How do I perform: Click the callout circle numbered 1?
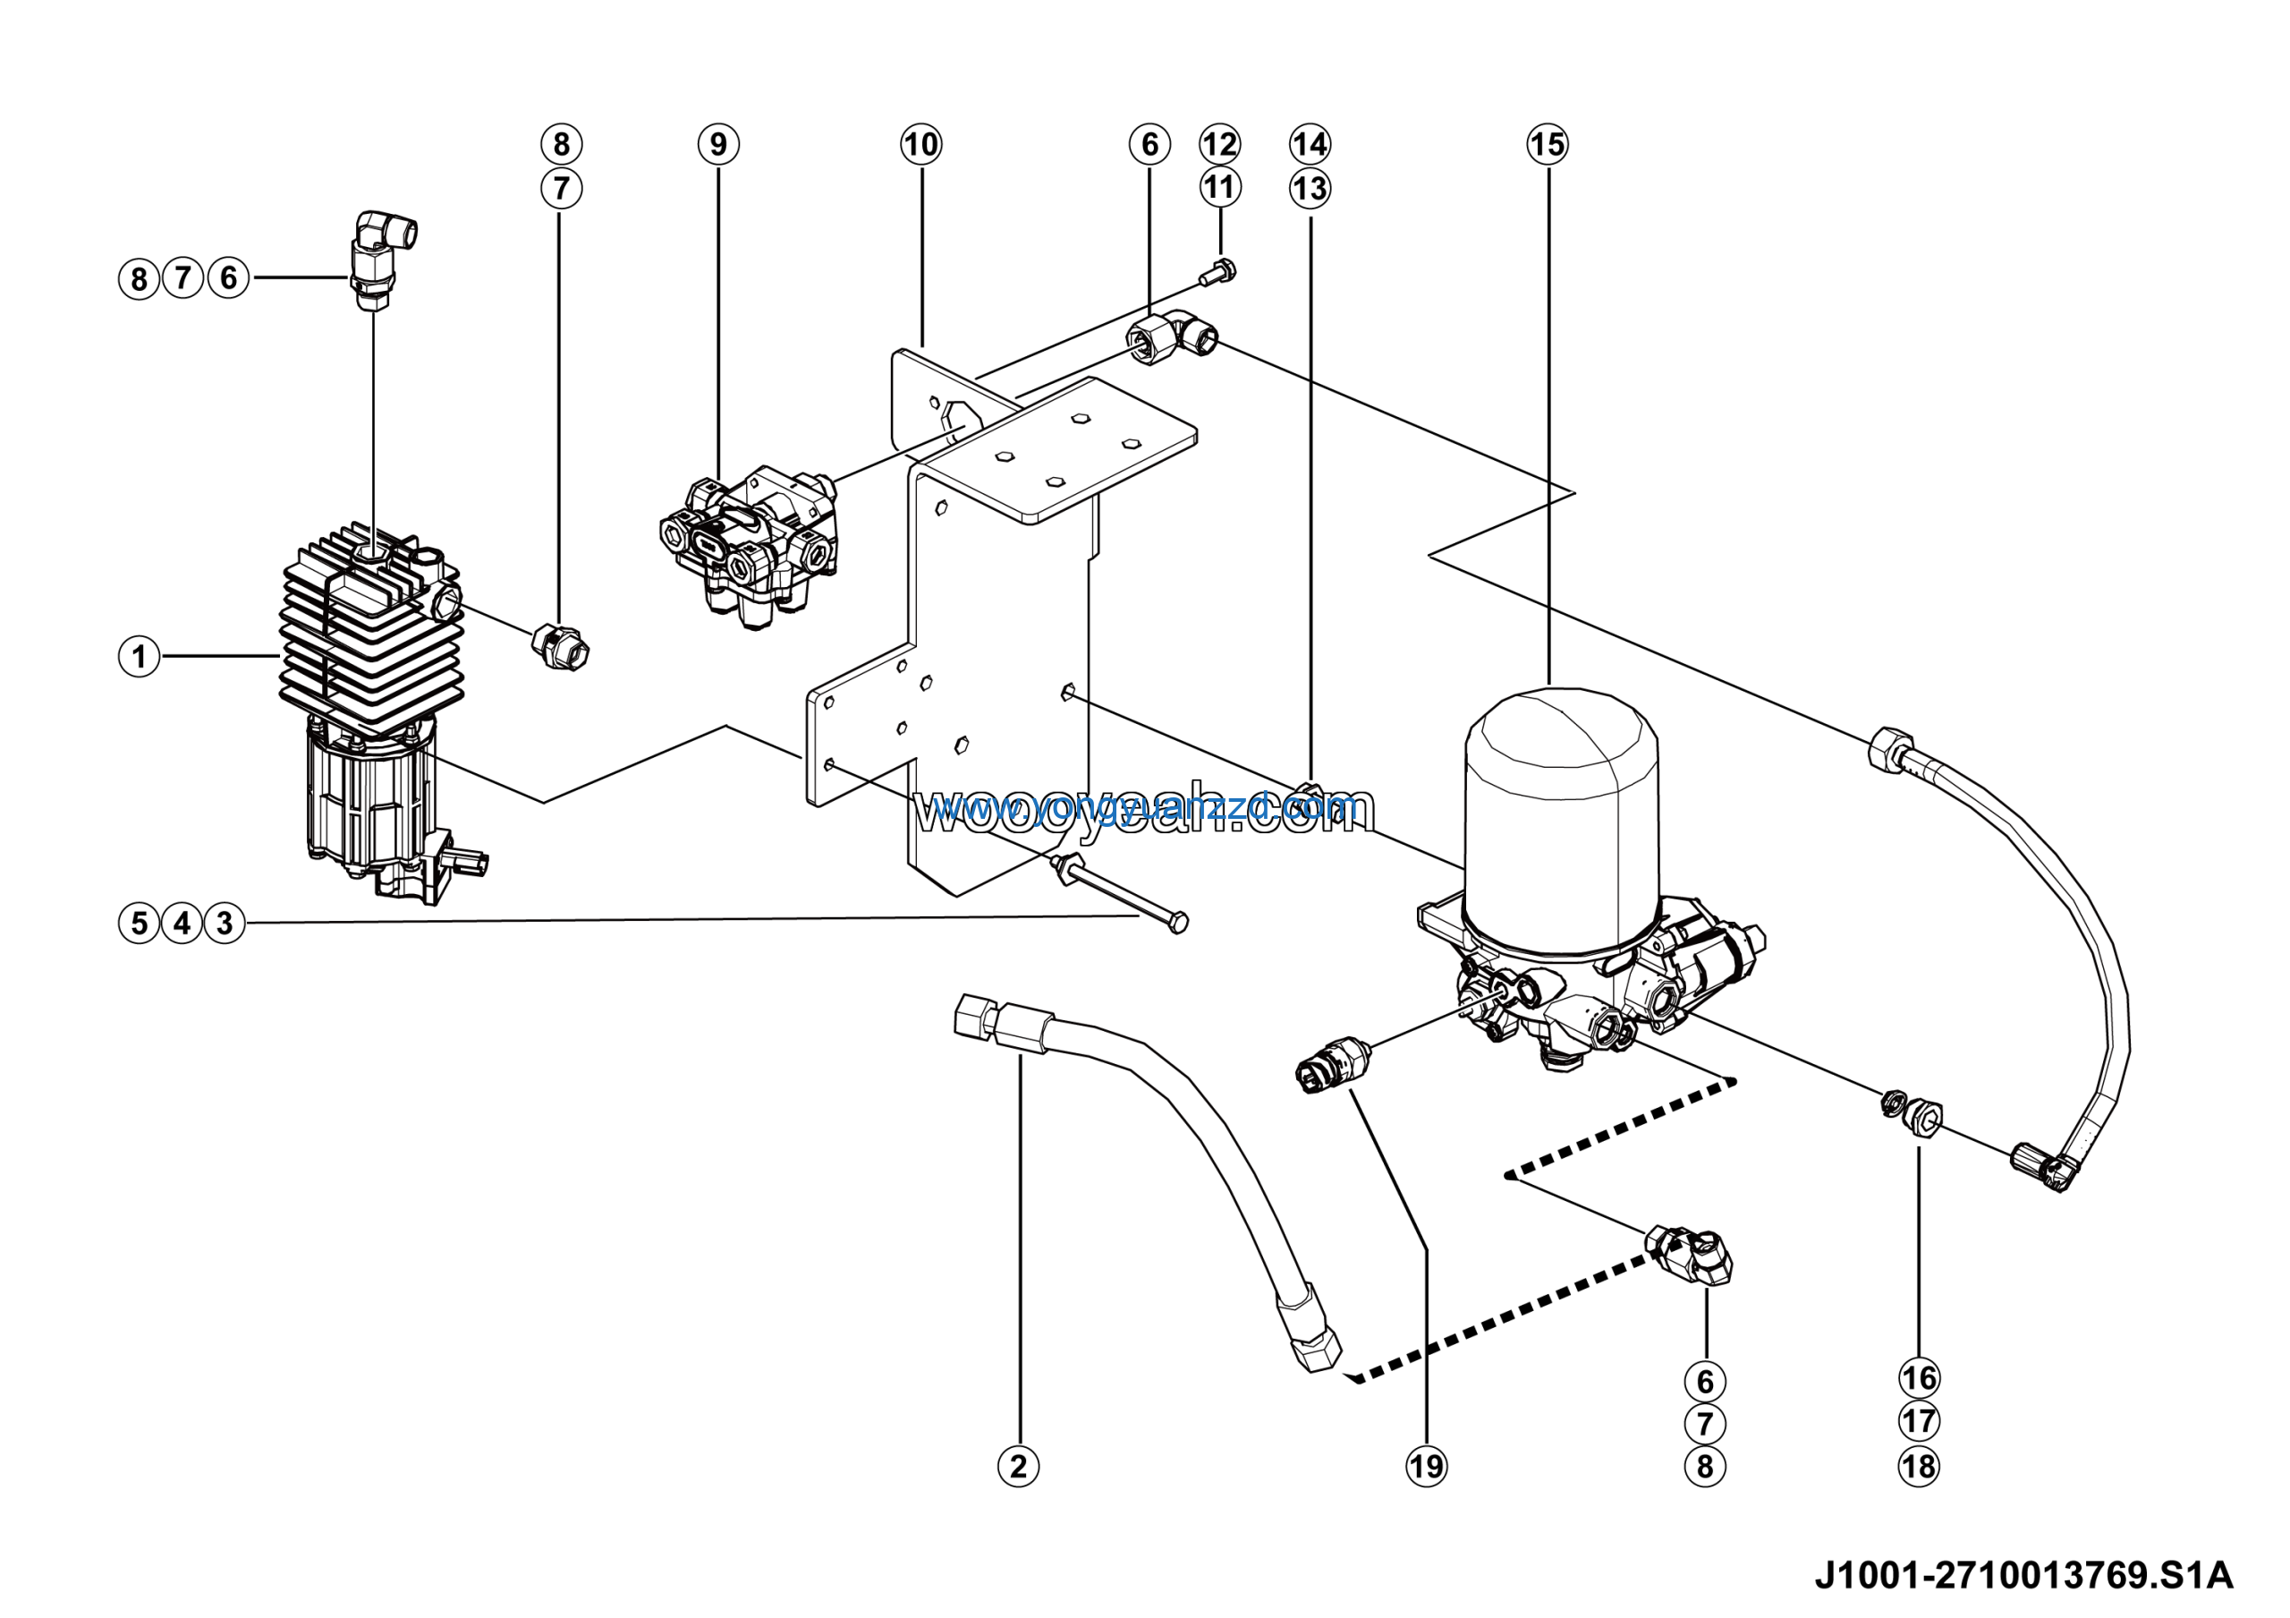tap(139, 656)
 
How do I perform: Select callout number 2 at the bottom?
tap(1018, 1467)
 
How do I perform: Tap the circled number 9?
tap(718, 145)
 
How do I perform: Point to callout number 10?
tap(920, 145)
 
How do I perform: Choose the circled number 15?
tap(1547, 145)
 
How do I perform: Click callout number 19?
tap(1426, 1467)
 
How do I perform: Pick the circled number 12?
tap(1219, 145)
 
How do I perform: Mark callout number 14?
tap(1310, 145)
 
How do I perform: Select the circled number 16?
tap(1919, 1378)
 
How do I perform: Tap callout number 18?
tap(1919, 1467)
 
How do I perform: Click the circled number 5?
tap(139, 923)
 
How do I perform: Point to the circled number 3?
tap(225, 923)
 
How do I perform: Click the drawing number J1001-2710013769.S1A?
tap(2023, 1575)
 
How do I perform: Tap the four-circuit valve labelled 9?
tap(750, 543)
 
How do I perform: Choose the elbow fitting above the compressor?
tap(382, 254)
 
